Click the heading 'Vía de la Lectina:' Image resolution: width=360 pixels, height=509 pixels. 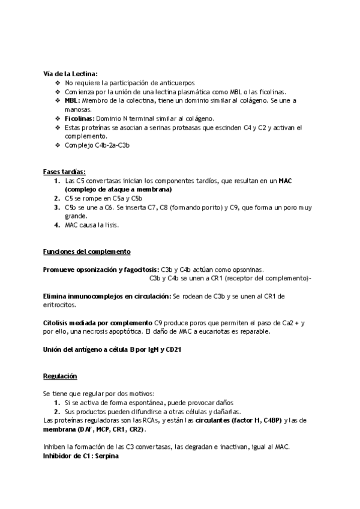[x=71, y=73]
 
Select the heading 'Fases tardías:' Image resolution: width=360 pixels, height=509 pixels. [x=64, y=171]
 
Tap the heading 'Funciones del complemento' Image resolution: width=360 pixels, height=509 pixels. [x=87, y=251]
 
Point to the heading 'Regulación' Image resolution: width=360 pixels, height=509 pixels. [x=60, y=376]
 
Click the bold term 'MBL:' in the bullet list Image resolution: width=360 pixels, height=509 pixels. [x=72, y=100]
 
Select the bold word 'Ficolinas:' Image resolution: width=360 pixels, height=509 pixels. [x=80, y=119]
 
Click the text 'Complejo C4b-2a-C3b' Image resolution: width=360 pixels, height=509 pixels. [x=97, y=145]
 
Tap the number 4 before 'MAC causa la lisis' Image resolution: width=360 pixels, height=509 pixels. [x=56, y=225]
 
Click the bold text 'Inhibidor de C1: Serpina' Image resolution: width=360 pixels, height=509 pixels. [x=81, y=457]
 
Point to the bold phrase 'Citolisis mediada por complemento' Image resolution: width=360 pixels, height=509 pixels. [x=98, y=323]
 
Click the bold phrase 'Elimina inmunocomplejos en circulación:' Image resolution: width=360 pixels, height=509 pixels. [x=107, y=296]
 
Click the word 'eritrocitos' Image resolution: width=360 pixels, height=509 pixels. [x=59, y=305]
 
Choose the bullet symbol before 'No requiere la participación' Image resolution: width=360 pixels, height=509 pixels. [x=57, y=82]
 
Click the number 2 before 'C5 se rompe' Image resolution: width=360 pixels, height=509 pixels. [x=56, y=198]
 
